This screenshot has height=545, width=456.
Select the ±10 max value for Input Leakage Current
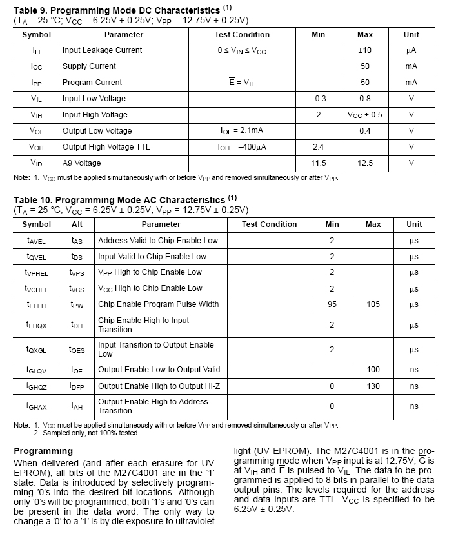click(x=365, y=50)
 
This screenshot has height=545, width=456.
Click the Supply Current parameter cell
click(x=89, y=66)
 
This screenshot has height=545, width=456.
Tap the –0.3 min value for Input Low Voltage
click(x=318, y=99)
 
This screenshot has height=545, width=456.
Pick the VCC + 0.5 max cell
click(x=365, y=115)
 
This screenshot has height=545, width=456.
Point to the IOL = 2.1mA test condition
click(x=242, y=131)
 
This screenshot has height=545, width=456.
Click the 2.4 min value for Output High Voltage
click(x=318, y=147)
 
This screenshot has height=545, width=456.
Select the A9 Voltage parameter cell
click(x=82, y=163)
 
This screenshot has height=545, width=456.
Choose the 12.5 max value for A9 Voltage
click(x=365, y=163)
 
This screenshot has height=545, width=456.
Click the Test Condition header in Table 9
click(x=242, y=35)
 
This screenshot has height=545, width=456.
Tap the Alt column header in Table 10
click(x=77, y=224)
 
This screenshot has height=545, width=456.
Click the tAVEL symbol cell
click(x=36, y=241)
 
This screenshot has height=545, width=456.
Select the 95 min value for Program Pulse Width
click(x=332, y=304)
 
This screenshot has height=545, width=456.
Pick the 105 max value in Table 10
click(x=373, y=304)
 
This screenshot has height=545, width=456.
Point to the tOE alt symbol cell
click(x=77, y=370)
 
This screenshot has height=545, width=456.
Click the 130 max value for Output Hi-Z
click(x=373, y=386)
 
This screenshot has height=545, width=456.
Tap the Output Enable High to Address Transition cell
click(x=153, y=406)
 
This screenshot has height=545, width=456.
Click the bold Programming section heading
click(x=43, y=451)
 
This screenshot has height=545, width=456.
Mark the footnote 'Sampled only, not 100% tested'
click(x=90, y=433)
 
